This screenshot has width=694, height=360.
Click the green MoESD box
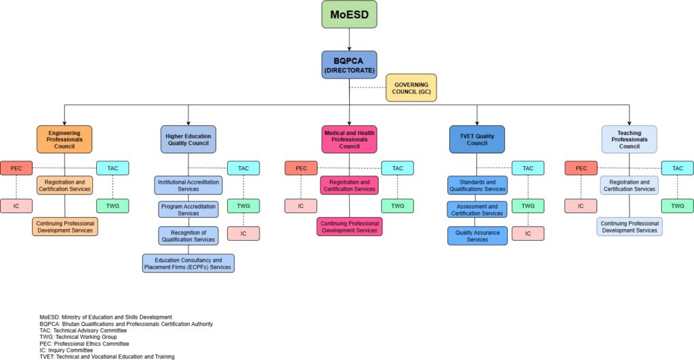pyautogui.click(x=349, y=14)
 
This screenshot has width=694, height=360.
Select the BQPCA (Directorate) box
pyautogui.click(x=349, y=64)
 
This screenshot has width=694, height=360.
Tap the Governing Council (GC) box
pyautogui.click(x=411, y=87)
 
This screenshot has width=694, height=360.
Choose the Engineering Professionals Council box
pyautogui.click(x=64, y=139)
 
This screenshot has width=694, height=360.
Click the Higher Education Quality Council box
pyautogui.click(x=188, y=139)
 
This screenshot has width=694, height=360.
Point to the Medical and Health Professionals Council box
pyautogui.click(x=349, y=139)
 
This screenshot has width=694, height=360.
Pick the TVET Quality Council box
pyautogui.click(x=476, y=139)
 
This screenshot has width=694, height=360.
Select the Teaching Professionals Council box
pyautogui.click(x=629, y=139)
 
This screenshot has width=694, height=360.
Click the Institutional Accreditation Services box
pyautogui.click(x=188, y=186)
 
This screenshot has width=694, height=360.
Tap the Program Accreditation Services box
pyautogui.click(x=188, y=209)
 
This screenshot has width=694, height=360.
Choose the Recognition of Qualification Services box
pyautogui.click(x=188, y=236)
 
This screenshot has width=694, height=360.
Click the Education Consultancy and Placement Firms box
pyautogui.click(x=188, y=263)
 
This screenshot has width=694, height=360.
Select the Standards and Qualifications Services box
pyautogui.click(x=476, y=186)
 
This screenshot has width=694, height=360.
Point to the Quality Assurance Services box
pyautogui.click(x=476, y=236)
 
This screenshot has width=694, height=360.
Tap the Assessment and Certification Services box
pyautogui.click(x=476, y=209)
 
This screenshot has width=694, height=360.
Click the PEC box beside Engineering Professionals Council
pyautogui.click(x=16, y=168)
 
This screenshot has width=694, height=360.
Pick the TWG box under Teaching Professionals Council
pyautogui.click(x=677, y=205)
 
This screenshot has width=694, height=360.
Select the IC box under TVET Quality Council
pyautogui.click(x=528, y=233)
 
